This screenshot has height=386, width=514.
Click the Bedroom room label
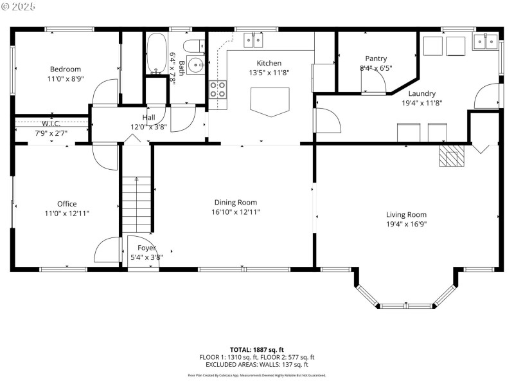[x=66, y=69]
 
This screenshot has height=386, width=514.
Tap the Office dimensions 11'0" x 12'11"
[x=67, y=213]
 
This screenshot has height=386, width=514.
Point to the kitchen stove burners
[x=218, y=88]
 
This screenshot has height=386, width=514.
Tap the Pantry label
[x=376, y=59]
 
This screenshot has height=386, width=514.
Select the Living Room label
[x=406, y=215]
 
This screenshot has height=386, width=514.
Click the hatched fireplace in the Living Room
[x=451, y=155]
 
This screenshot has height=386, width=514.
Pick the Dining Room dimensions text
[x=236, y=212]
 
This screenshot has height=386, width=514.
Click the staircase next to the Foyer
[x=136, y=205]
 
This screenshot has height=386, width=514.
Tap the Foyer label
[x=146, y=248]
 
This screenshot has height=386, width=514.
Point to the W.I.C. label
[x=51, y=124]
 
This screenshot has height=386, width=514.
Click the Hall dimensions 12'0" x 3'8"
[x=148, y=127]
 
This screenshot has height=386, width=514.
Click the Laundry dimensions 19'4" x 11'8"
[x=421, y=102]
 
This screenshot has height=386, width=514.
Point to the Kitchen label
[x=269, y=63]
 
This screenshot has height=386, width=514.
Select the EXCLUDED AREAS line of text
[x=256, y=364]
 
